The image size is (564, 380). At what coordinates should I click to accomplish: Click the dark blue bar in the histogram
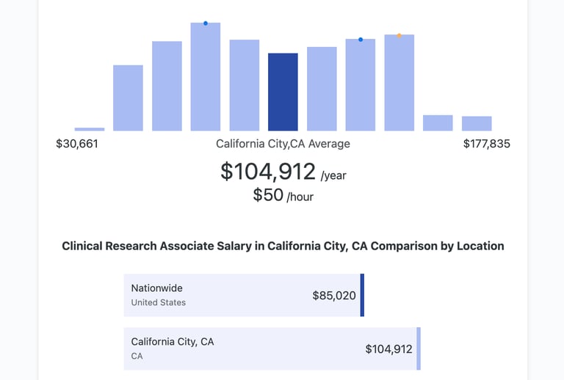pos(283,92)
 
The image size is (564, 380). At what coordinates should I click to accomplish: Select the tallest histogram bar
pos(206,77)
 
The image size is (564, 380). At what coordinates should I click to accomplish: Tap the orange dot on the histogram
pos(399,35)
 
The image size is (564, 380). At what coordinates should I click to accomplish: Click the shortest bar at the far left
pos(90,129)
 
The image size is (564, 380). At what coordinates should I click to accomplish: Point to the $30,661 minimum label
pos(77,144)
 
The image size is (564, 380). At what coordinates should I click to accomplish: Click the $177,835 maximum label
pos(486,144)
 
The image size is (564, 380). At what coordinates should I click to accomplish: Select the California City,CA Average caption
pos(283,144)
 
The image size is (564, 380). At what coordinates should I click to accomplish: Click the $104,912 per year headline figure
pos(268,172)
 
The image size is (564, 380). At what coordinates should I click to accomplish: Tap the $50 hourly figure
pos(268,194)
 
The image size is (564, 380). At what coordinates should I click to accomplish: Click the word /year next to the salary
pos(333,175)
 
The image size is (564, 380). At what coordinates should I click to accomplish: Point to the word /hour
pos(300,197)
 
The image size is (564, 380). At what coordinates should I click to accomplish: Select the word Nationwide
pos(156,288)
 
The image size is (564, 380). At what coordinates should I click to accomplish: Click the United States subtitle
pos(158,302)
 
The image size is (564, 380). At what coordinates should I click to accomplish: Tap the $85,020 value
pos(334,296)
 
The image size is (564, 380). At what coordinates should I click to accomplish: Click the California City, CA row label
pos(173,342)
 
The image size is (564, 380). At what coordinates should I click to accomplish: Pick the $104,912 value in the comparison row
pos(388,349)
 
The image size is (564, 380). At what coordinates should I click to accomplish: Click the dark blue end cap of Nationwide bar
pos(362,295)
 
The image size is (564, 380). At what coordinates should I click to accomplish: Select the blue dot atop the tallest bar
pos(206,23)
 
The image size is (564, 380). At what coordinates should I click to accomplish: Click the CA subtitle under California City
pos(137,356)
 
